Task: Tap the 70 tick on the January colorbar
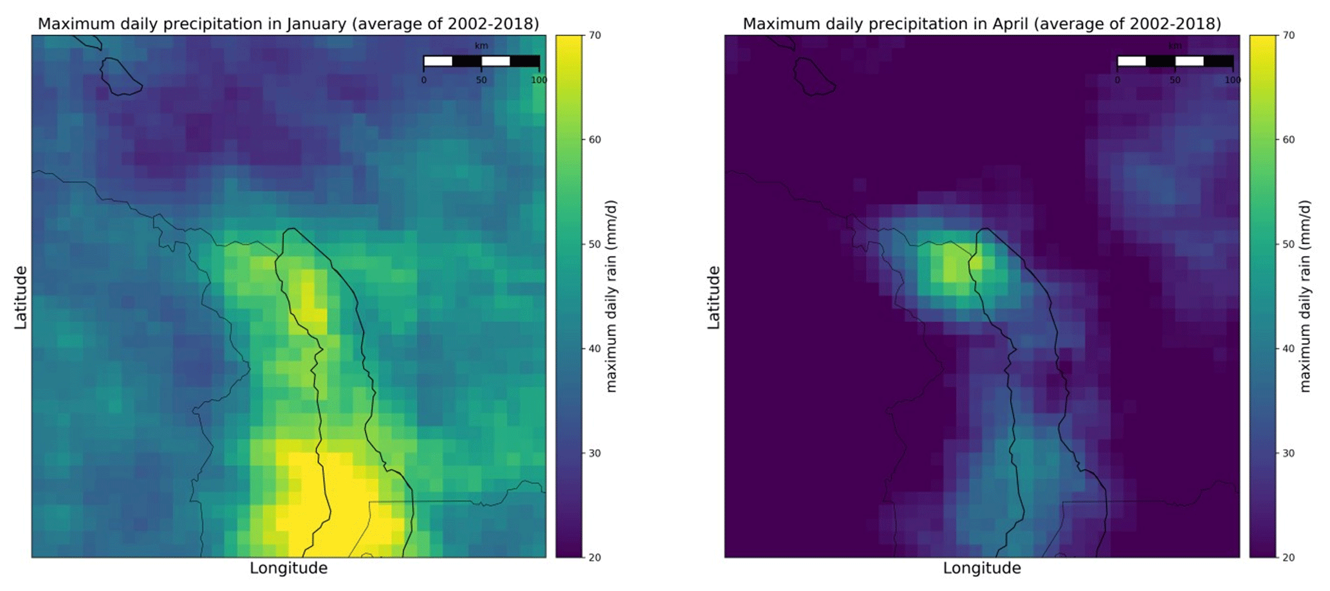[x=595, y=35]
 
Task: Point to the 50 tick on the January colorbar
[x=595, y=245]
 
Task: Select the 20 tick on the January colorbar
[x=595, y=558]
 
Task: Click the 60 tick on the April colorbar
[x=1288, y=140]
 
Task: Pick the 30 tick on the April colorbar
[x=1288, y=453]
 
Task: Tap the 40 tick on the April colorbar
[x=1288, y=349]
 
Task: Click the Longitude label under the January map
[x=288, y=568]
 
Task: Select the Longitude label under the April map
[x=982, y=568]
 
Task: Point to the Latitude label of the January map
[x=21, y=297]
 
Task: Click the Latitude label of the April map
[x=714, y=297]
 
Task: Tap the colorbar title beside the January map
[x=611, y=296]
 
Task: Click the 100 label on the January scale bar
[x=539, y=80]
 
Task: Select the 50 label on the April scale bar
[x=1175, y=80]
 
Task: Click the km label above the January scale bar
[x=481, y=46]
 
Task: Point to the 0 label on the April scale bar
[x=1117, y=80]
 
